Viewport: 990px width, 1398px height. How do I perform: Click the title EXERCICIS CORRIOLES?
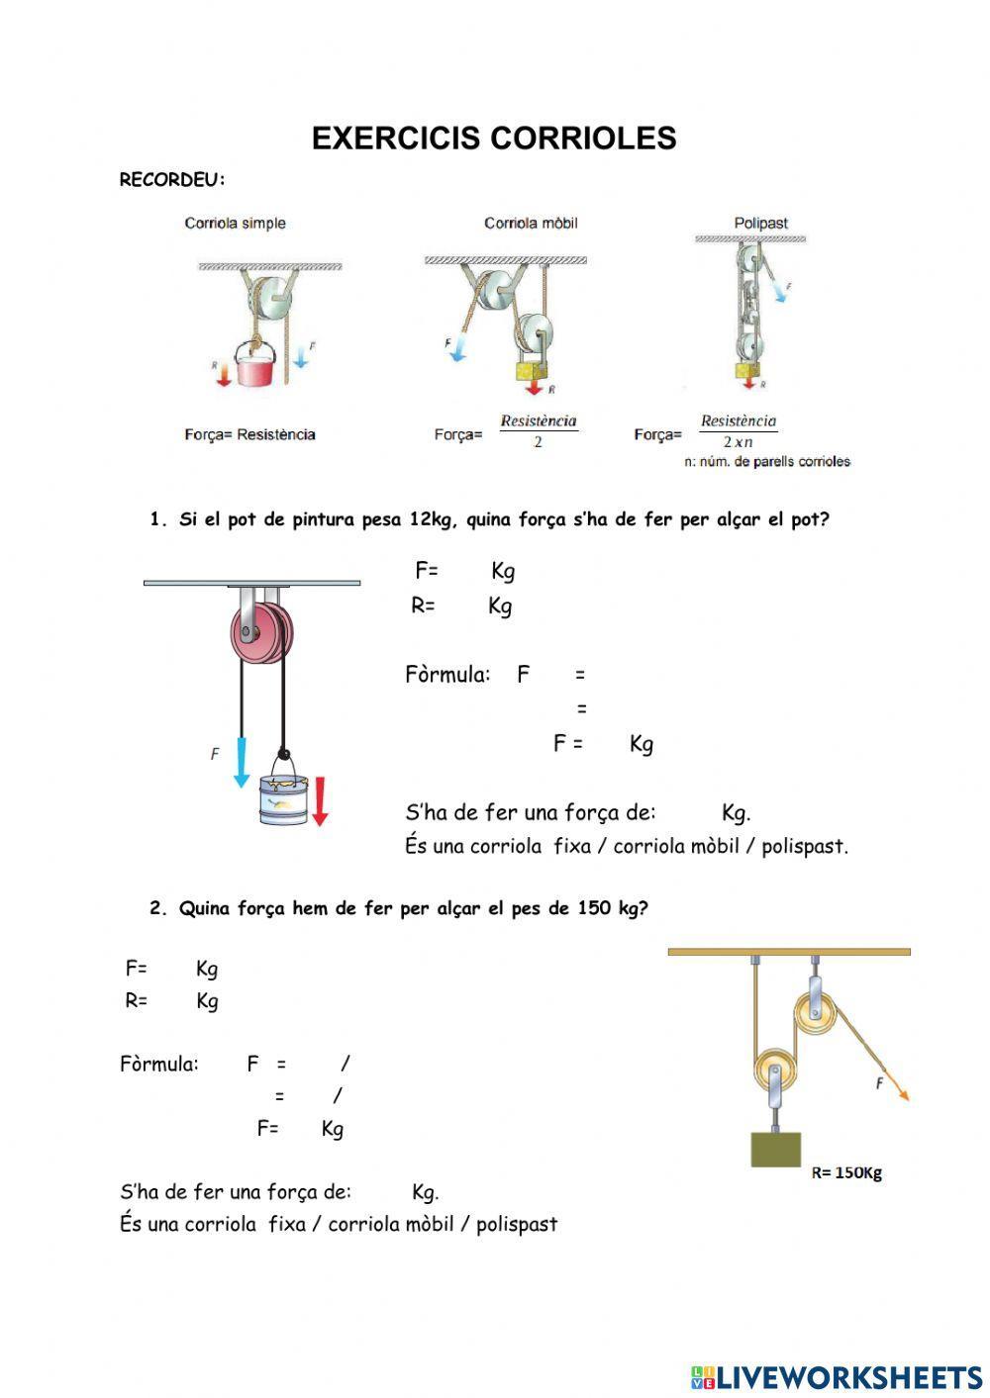point(494,139)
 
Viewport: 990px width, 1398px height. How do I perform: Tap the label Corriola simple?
point(235,224)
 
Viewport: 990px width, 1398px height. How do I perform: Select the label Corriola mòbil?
point(531,224)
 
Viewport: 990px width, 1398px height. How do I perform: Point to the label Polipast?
point(760,224)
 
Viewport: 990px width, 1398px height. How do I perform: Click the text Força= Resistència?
point(249,434)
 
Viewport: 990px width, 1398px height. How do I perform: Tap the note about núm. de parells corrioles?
point(767,461)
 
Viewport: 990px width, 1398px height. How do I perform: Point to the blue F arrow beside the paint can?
point(241,761)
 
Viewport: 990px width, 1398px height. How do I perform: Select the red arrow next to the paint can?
point(320,801)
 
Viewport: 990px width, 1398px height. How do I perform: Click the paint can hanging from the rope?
point(284,797)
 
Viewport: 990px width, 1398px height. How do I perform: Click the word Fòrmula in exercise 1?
point(447,675)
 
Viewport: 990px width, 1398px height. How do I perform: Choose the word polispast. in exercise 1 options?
point(805,847)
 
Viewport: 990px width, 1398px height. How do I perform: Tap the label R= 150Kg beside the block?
point(845,1173)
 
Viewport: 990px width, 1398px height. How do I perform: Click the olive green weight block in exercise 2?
point(775,1149)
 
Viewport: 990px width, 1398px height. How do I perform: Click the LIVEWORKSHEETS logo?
point(837,1376)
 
